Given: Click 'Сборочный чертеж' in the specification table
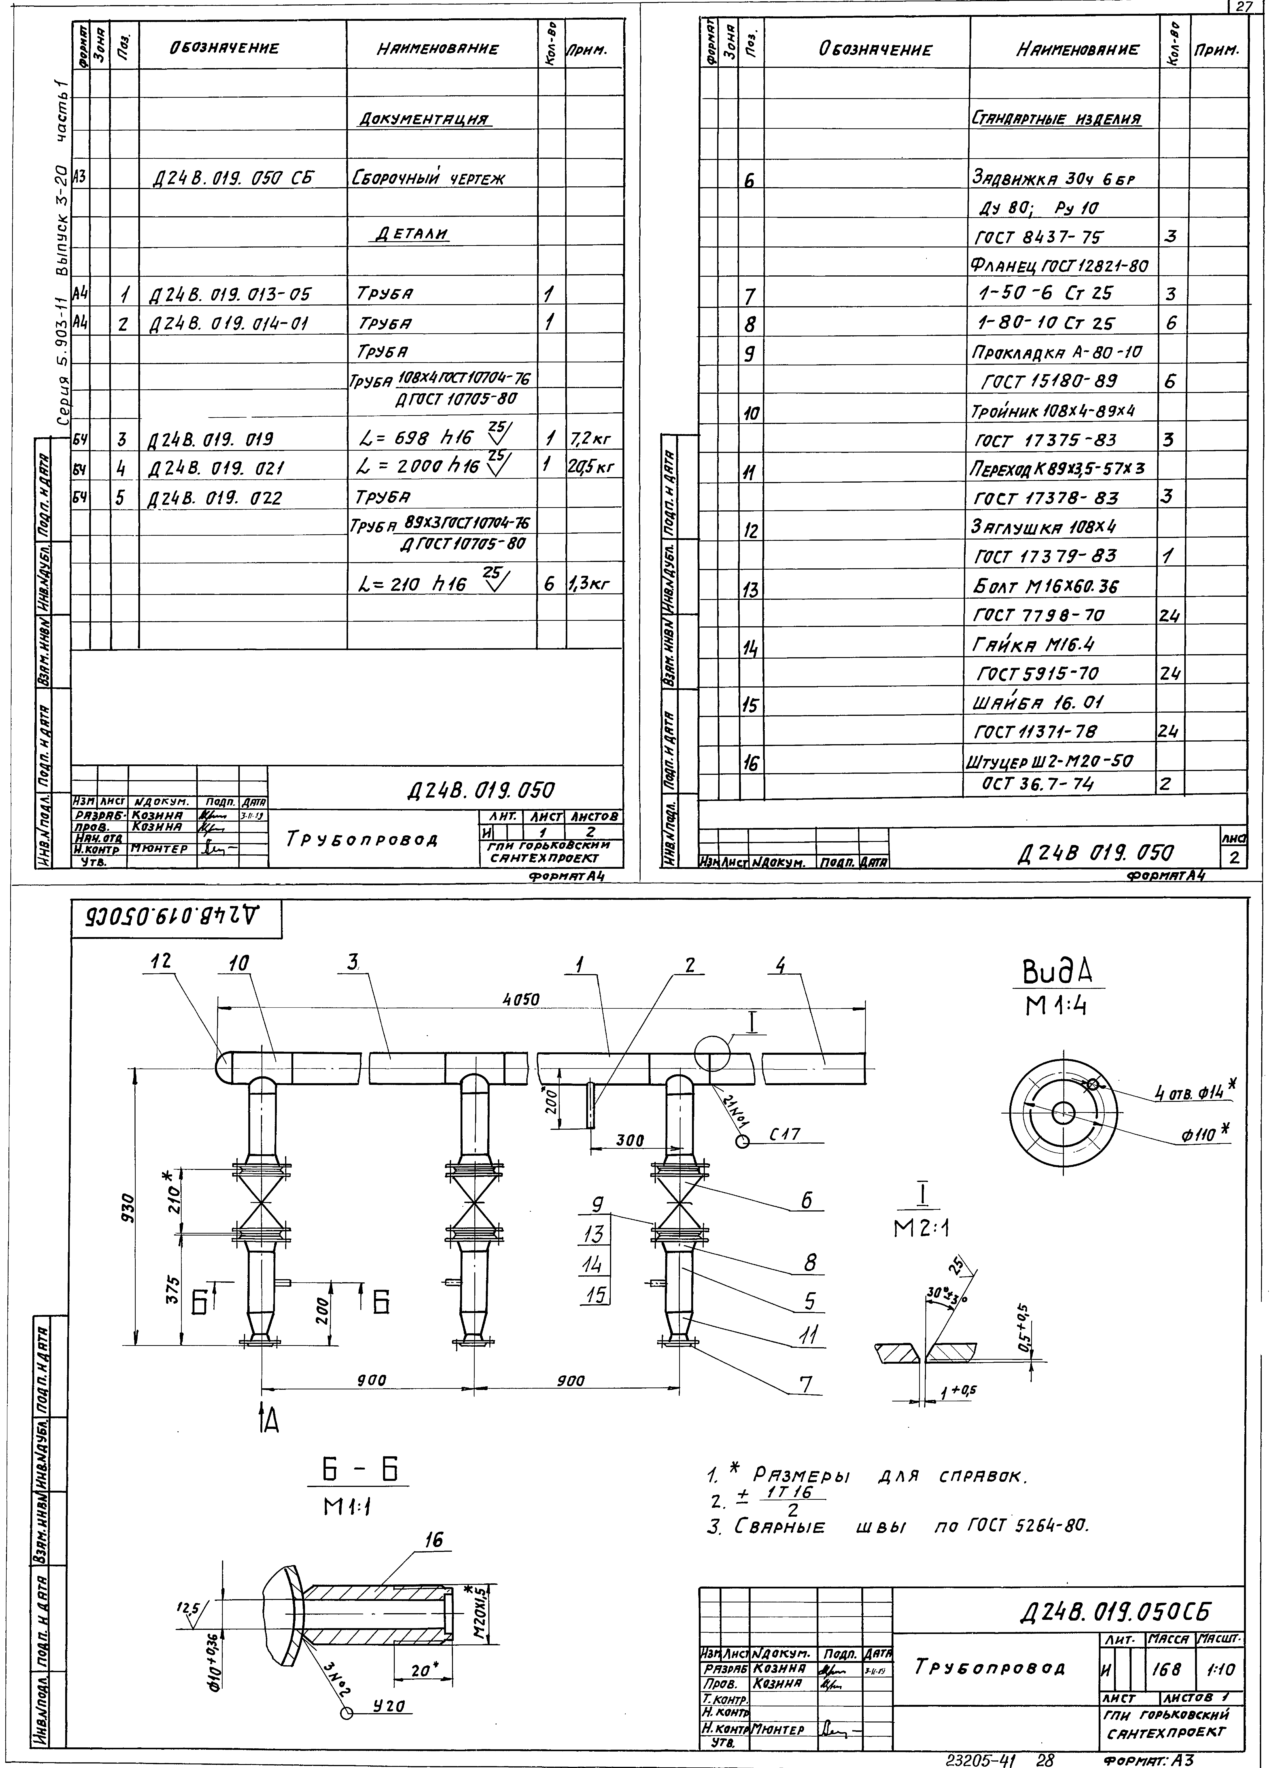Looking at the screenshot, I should click(x=429, y=178).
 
